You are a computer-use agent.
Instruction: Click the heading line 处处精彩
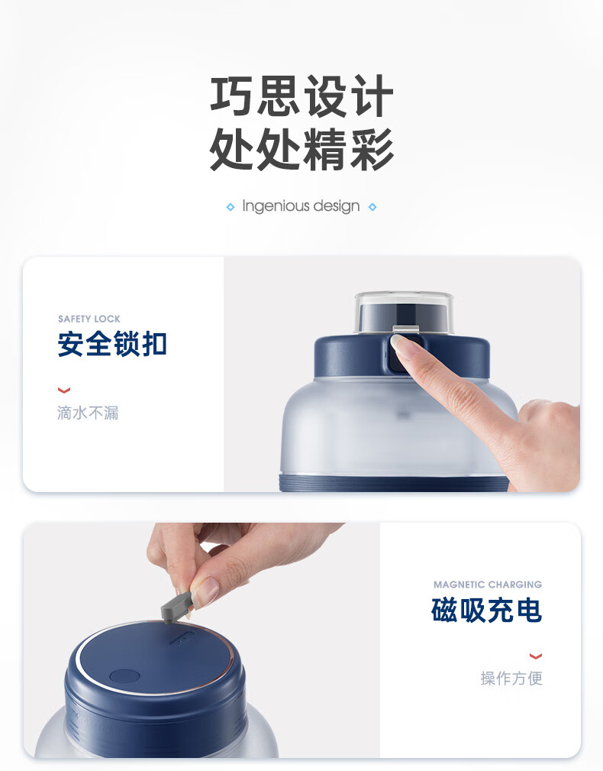point(301,149)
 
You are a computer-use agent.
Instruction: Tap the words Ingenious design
point(301,206)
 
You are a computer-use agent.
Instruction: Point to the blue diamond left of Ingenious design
point(231,207)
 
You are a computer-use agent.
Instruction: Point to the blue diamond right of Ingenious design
point(372,207)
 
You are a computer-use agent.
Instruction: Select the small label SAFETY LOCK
point(89,319)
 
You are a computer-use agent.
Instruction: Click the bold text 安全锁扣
point(112,344)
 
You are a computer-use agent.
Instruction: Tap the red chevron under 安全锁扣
point(64,390)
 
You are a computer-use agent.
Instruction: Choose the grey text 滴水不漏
point(88,413)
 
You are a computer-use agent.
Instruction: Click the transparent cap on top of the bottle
point(404,312)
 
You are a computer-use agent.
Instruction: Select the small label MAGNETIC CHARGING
point(488,584)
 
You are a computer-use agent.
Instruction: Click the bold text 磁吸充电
point(487,611)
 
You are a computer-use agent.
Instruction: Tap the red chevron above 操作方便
point(536,656)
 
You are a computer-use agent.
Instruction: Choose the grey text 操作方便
point(511,678)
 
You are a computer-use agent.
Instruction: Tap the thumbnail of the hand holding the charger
point(206,589)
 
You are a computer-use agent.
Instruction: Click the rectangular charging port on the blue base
point(182,639)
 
